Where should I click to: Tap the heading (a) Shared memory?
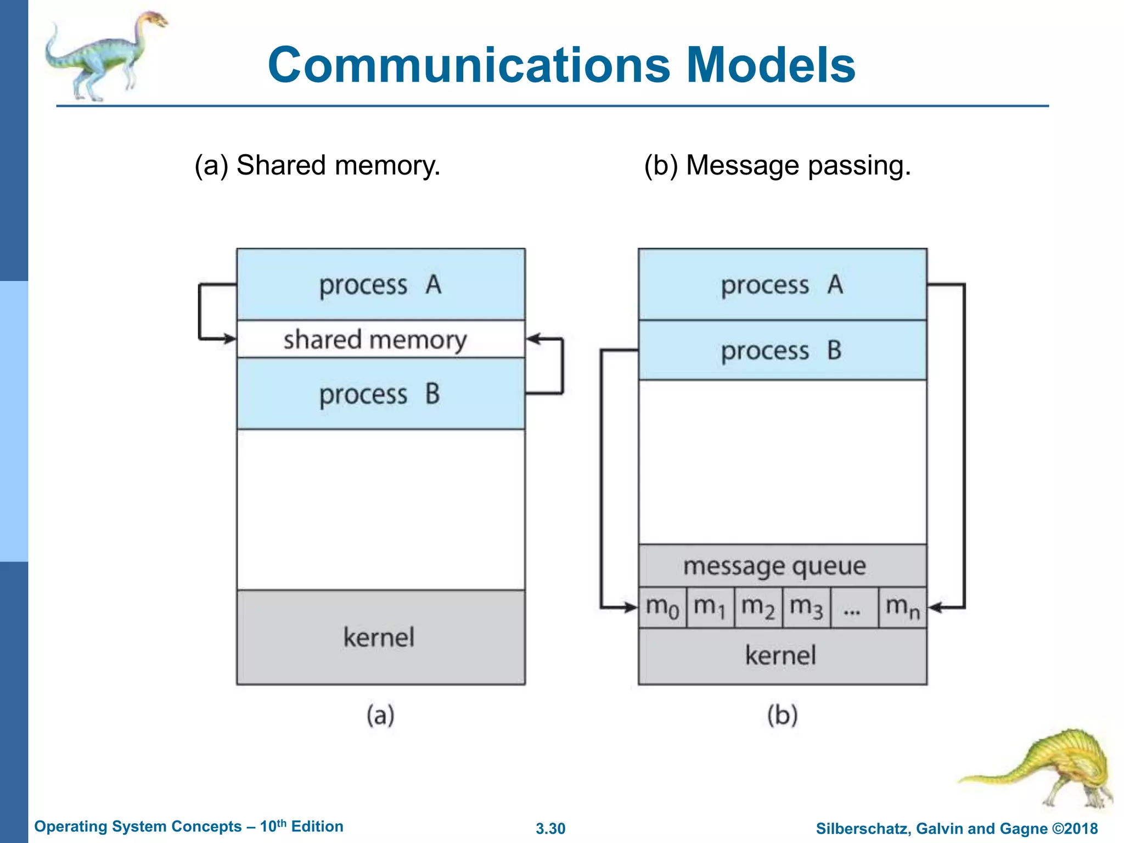click(317, 165)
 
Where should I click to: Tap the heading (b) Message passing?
click(777, 165)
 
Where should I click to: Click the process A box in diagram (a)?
click(380, 284)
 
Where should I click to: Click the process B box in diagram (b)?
click(782, 350)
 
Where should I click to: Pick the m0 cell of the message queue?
click(662, 608)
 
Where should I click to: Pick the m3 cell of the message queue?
click(806, 608)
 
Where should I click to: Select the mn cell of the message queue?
click(902, 608)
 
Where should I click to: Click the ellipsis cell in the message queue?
click(854, 608)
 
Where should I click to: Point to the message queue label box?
click(774, 566)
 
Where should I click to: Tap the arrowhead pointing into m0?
click(631, 608)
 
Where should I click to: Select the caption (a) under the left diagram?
click(380, 715)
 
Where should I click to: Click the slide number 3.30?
click(550, 828)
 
